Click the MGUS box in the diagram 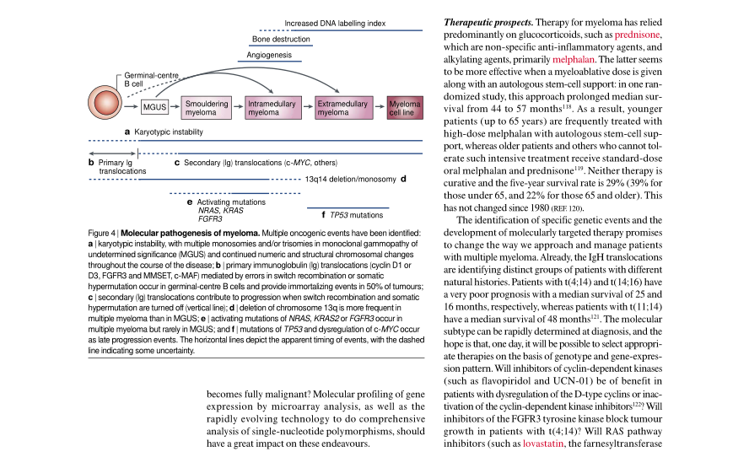tap(154, 108)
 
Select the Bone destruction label tap(281, 39)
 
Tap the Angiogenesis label tap(269, 55)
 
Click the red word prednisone tap(637, 35)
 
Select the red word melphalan tap(574, 60)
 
